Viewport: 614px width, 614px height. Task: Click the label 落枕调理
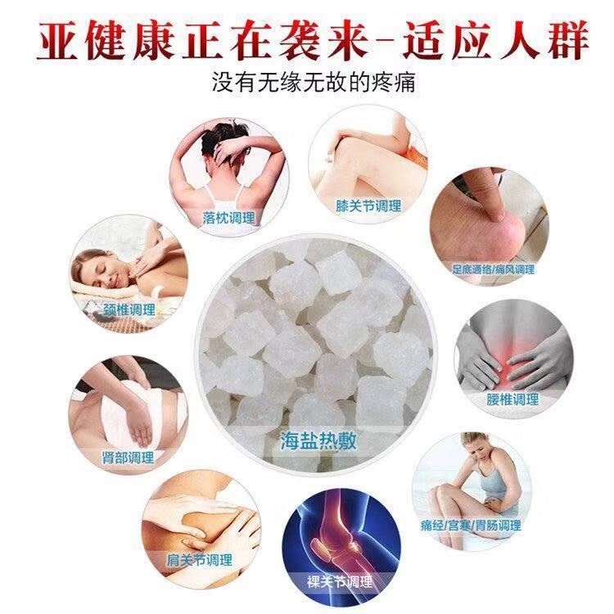[228, 218]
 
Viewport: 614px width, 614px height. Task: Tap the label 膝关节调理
[368, 206]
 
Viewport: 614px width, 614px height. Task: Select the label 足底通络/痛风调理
[494, 269]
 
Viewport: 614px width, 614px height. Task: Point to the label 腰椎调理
[512, 400]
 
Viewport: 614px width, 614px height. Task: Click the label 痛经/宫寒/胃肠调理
[471, 525]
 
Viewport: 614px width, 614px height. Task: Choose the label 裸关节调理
[340, 582]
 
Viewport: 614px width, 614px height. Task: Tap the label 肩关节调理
[199, 560]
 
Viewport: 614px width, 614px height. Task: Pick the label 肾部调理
[128, 458]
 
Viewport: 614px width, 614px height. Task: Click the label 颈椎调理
[129, 310]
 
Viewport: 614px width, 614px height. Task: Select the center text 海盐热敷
[318, 441]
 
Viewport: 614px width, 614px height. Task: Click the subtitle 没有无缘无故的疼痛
[314, 82]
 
